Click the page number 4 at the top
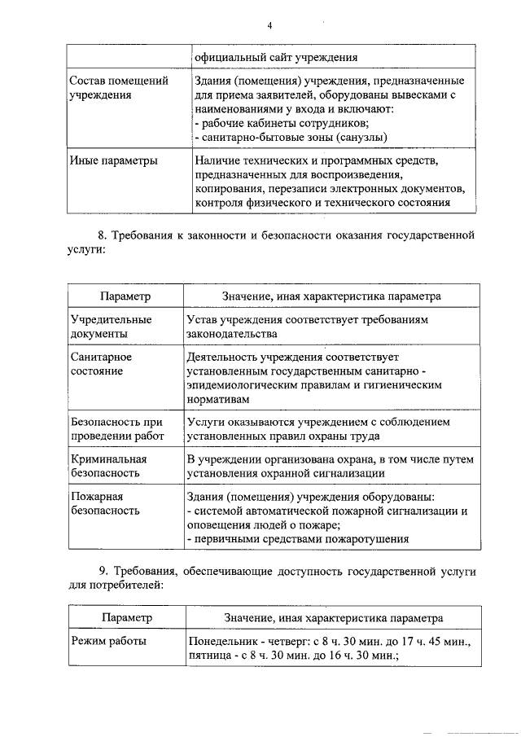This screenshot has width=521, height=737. click(269, 25)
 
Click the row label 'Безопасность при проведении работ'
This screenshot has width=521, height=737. click(117, 429)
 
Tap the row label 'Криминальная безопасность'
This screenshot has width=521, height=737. click(107, 467)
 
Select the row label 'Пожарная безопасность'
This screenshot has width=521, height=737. click(105, 503)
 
